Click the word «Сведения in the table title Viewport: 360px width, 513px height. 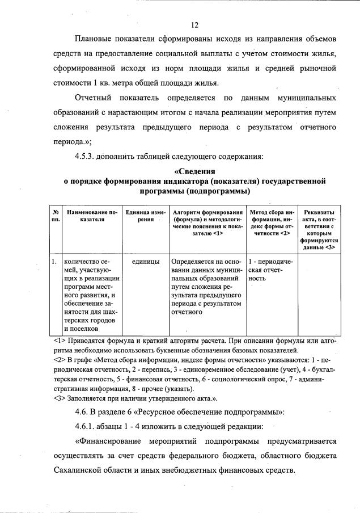pyautogui.click(x=194, y=171)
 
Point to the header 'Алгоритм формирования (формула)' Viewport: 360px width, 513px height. pyautogui.click(x=208, y=222)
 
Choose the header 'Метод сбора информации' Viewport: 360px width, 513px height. pyautogui.click(x=271, y=222)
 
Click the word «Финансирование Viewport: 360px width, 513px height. pyautogui.click(x=108, y=441)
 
